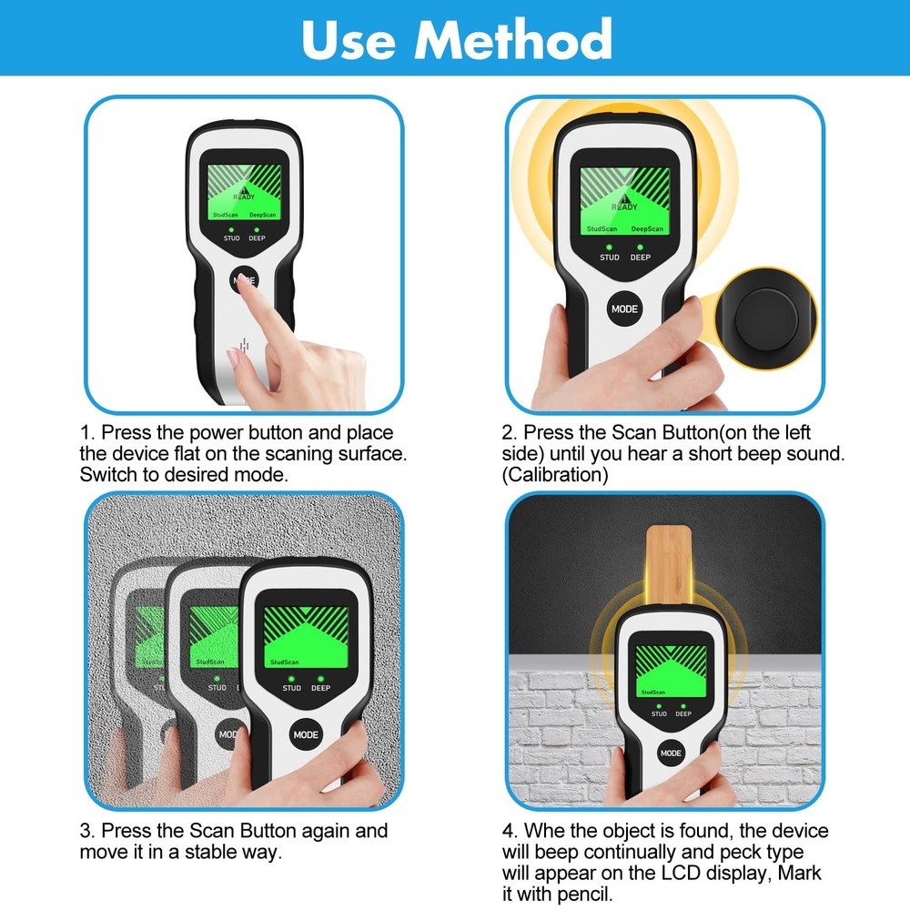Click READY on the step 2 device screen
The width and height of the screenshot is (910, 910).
click(624, 206)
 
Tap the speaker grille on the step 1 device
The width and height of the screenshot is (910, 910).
click(243, 347)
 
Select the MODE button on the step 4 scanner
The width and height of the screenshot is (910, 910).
click(671, 753)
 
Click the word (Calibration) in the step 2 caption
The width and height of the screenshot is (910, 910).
click(555, 475)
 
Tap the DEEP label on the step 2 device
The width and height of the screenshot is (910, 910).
click(641, 258)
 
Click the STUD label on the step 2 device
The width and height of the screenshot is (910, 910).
click(609, 258)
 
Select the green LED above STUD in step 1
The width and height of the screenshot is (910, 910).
click(231, 229)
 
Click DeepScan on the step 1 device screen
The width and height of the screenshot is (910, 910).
click(263, 215)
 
